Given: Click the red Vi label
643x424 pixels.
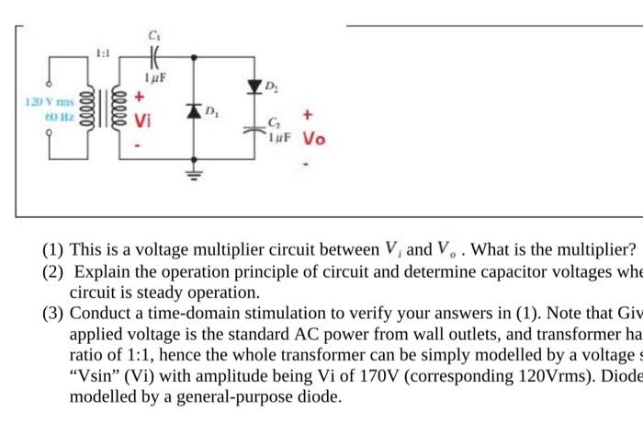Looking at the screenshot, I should coord(141,121).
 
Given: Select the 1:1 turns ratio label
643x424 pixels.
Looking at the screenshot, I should coord(104,55).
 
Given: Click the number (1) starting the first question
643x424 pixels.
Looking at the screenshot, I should coord(51,250).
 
